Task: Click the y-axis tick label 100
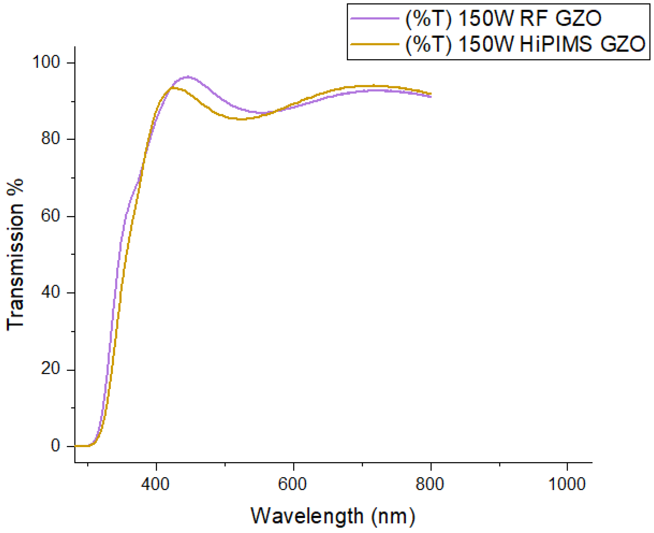click(x=46, y=62)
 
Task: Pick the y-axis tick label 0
click(x=55, y=446)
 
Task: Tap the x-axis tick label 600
click(x=292, y=484)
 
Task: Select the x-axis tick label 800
click(x=430, y=484)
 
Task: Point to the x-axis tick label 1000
click(x=567, y=484)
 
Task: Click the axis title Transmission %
click(x=15, y=255)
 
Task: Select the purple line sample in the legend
click(x=374, y=18)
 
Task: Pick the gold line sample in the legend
click(x=374, y=44)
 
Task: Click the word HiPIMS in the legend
click(x=556, y=44)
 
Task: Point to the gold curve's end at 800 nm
click(x=431, y=94)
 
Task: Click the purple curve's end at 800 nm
click(x=431, y=97)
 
